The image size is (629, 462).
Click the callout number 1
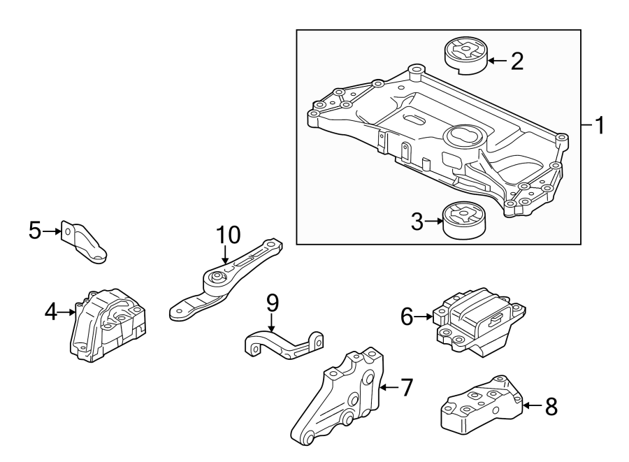(x=599, y=127)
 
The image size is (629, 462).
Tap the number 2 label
(x=516, y=62)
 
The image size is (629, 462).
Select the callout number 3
(x=417, y=223)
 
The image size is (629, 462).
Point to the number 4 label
(x=50, y=312)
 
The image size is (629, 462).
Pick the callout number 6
(x=407, y=317)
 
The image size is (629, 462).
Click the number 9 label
(x=273, y=302)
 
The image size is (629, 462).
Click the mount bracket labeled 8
(x=483, y=406)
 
